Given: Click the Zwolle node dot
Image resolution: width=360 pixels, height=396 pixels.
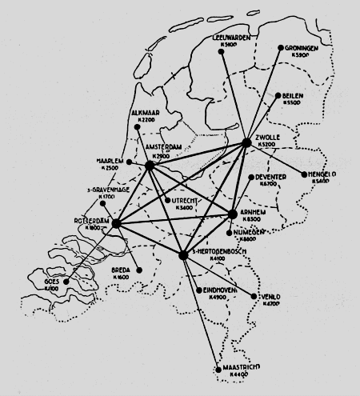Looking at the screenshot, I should tap(246, 142).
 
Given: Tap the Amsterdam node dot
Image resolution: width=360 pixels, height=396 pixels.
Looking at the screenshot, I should tap(150, 166).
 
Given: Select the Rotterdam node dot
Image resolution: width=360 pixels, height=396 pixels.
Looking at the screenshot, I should tap(115, 223).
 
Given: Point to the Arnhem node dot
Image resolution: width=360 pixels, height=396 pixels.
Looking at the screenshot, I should tap(233, 214).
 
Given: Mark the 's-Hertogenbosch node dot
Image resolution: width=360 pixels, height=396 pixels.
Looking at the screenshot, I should tap(183, 254).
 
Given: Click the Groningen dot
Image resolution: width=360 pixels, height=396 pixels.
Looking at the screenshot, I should tap(282, 48).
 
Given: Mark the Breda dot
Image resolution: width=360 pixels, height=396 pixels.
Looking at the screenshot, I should tap(140, 270).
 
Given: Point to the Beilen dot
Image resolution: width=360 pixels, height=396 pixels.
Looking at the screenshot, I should tap(277, 96).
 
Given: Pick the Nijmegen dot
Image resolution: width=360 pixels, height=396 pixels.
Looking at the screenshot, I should tap(229, 234).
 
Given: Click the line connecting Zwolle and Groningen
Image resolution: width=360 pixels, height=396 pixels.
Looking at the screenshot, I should tap(264, 95).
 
